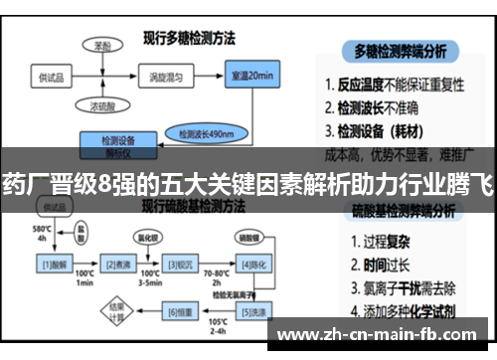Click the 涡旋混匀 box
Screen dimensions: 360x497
coord(155,78)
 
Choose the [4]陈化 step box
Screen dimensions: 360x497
coord(249,264)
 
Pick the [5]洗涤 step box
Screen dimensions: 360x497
coord(249,312)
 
